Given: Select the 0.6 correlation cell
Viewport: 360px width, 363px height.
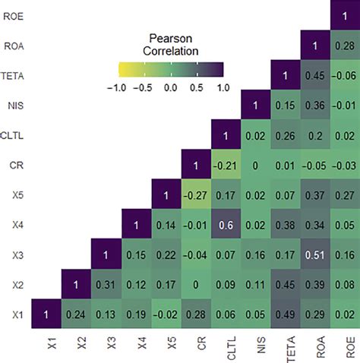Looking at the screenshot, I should [x=223, y=225].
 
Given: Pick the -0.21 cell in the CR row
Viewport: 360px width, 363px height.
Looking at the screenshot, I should [x=223, y=165].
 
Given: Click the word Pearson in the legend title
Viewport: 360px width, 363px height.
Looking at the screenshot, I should [x=171, y=39].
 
